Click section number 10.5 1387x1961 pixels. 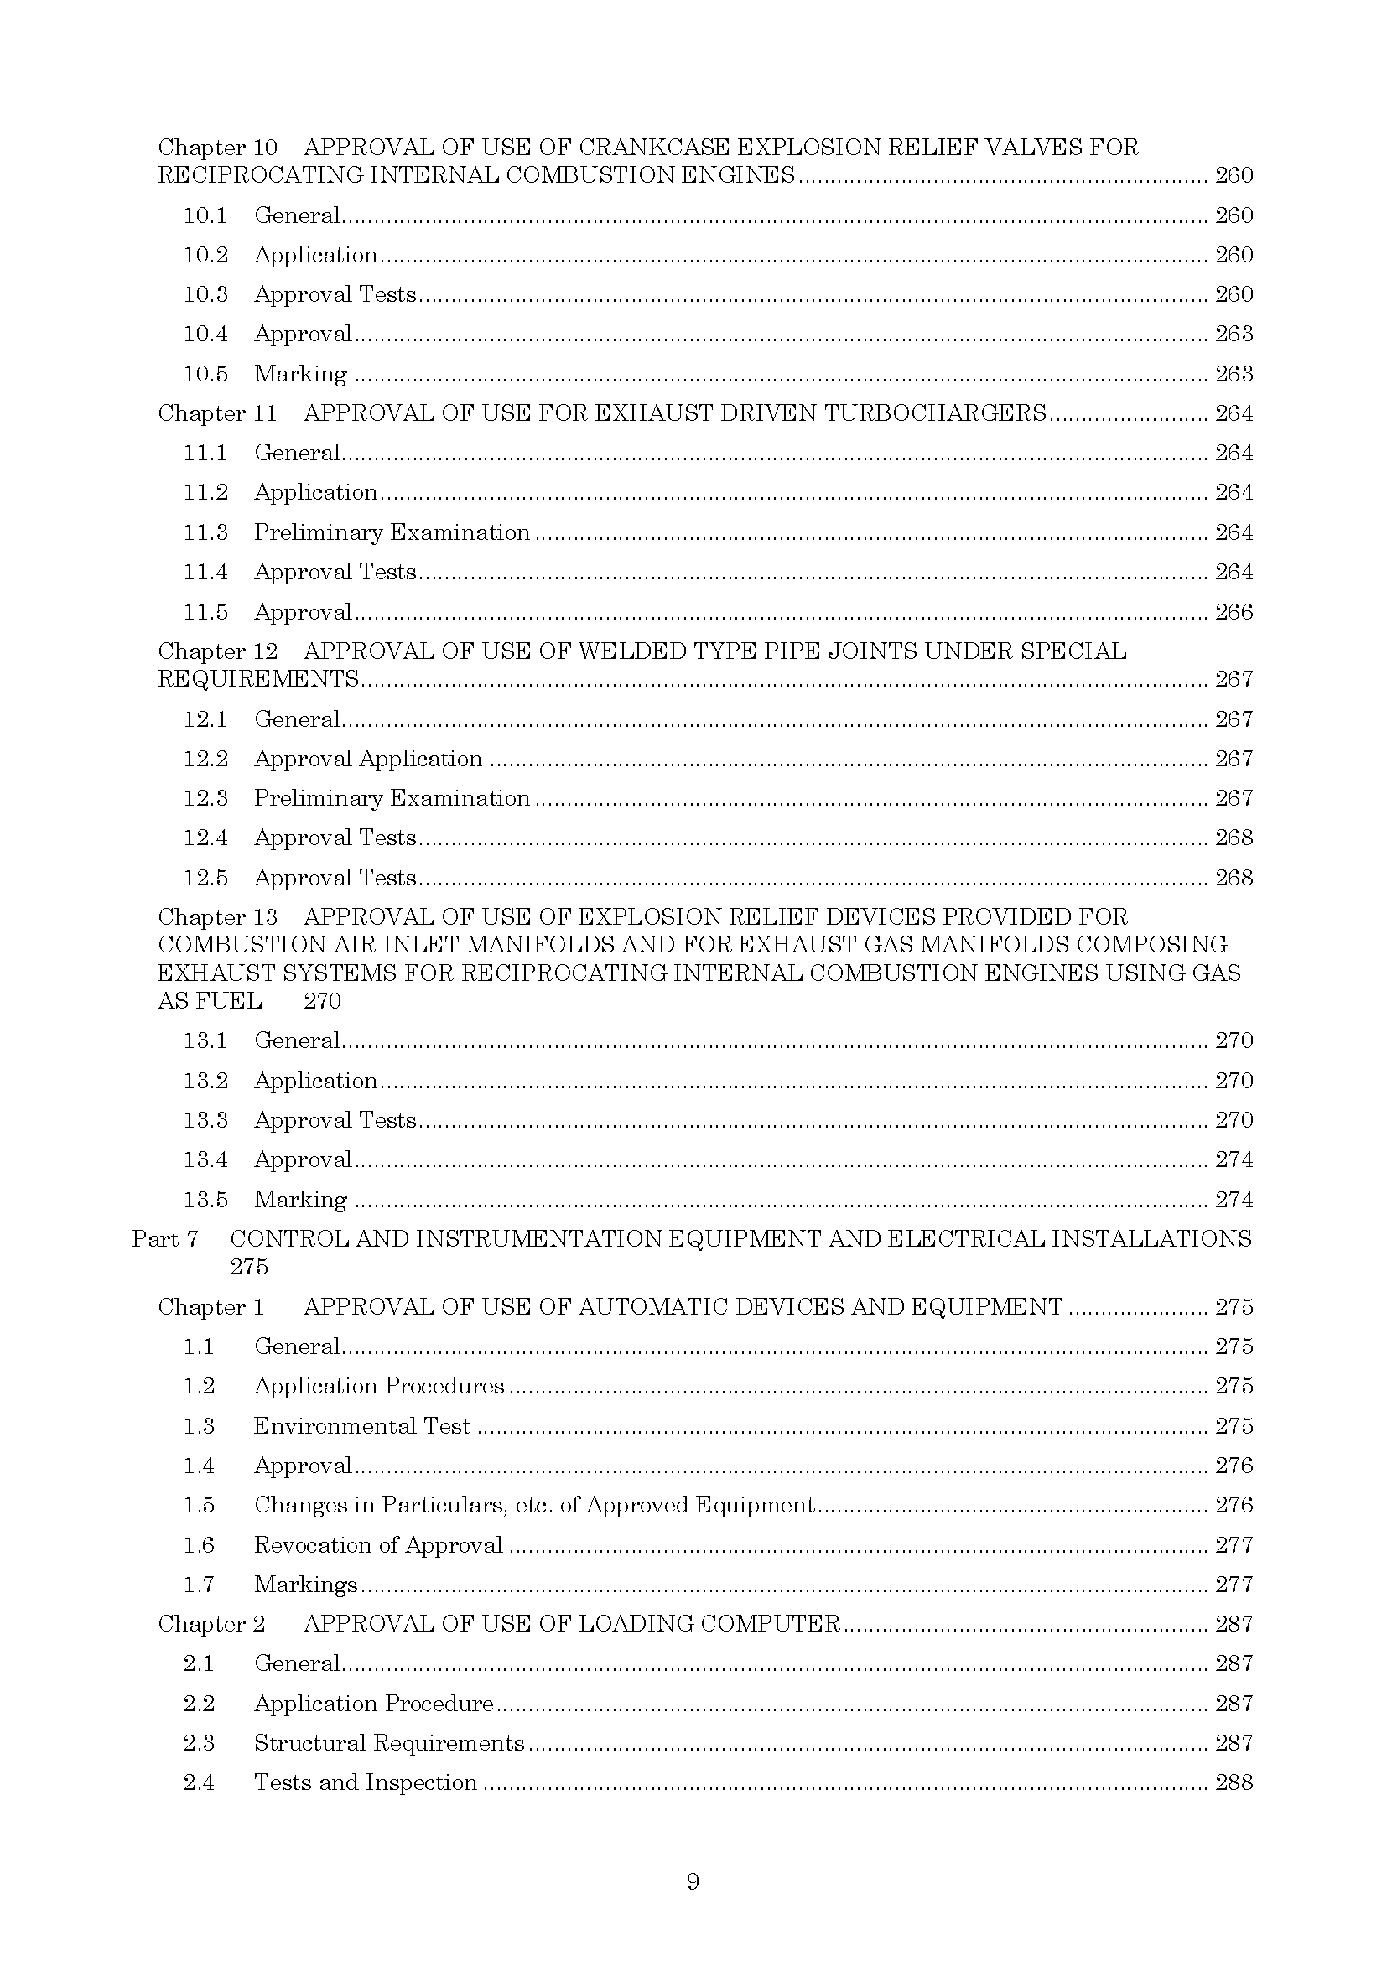tap(205, 374)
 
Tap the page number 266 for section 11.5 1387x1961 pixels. tap(1234, 612)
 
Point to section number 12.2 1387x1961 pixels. tap(205, 760)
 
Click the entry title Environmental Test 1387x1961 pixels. tap(361, 1426)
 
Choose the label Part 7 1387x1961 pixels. tap(165, 1239)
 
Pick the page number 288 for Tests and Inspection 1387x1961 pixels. tap(1234, 1782)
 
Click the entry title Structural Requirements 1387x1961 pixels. tap(388, 1743)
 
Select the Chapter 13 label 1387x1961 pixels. tap(217, 917)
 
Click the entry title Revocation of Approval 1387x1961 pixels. tap(377, 1545)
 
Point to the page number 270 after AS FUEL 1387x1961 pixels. tap(322, 1001)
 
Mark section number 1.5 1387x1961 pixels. tap(198, 1505)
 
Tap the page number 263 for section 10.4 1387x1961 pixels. tap(1234, 334)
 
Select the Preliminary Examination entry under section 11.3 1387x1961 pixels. tap(391, 533)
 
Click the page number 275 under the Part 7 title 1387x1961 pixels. tap(248, 1267)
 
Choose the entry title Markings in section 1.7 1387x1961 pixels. tap(305, 1585)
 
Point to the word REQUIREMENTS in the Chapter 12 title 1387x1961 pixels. tap(258, 680)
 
